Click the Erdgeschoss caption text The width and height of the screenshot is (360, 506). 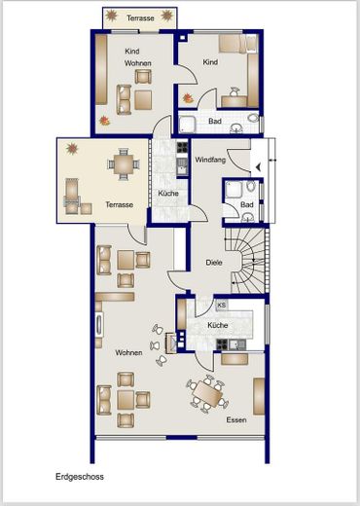tap(80, 477)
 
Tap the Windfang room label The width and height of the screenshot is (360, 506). tap(210, 160)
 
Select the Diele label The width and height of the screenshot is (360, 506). tap(214, 263)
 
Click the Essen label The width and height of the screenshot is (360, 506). tap(236, 419)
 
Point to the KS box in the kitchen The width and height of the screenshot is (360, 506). tap(222, 306)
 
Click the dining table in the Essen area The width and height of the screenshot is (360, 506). tap(207, 394)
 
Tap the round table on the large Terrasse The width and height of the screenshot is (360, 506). tap(124, 164)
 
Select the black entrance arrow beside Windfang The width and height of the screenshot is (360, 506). tap(259, 167)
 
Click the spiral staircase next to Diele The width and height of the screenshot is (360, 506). tap(248, 261)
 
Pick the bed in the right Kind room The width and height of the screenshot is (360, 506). tap(238, 44)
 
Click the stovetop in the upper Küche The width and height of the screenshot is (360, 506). tap(182, 148)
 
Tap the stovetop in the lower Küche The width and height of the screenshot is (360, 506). tap(222, 344)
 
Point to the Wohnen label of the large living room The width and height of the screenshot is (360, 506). tap(128, 352)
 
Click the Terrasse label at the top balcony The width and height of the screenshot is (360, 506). tap(140, 18)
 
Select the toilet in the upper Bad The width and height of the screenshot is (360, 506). tap(253, 118)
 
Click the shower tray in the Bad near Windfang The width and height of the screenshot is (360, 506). tap(234, 189)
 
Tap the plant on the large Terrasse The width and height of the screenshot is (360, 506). tap(72, 149)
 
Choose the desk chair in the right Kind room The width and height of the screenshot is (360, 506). tap(234, 91)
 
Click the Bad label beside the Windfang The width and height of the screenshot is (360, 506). tap(247, 204)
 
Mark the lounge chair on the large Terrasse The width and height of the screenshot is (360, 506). tap(72, 197)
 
